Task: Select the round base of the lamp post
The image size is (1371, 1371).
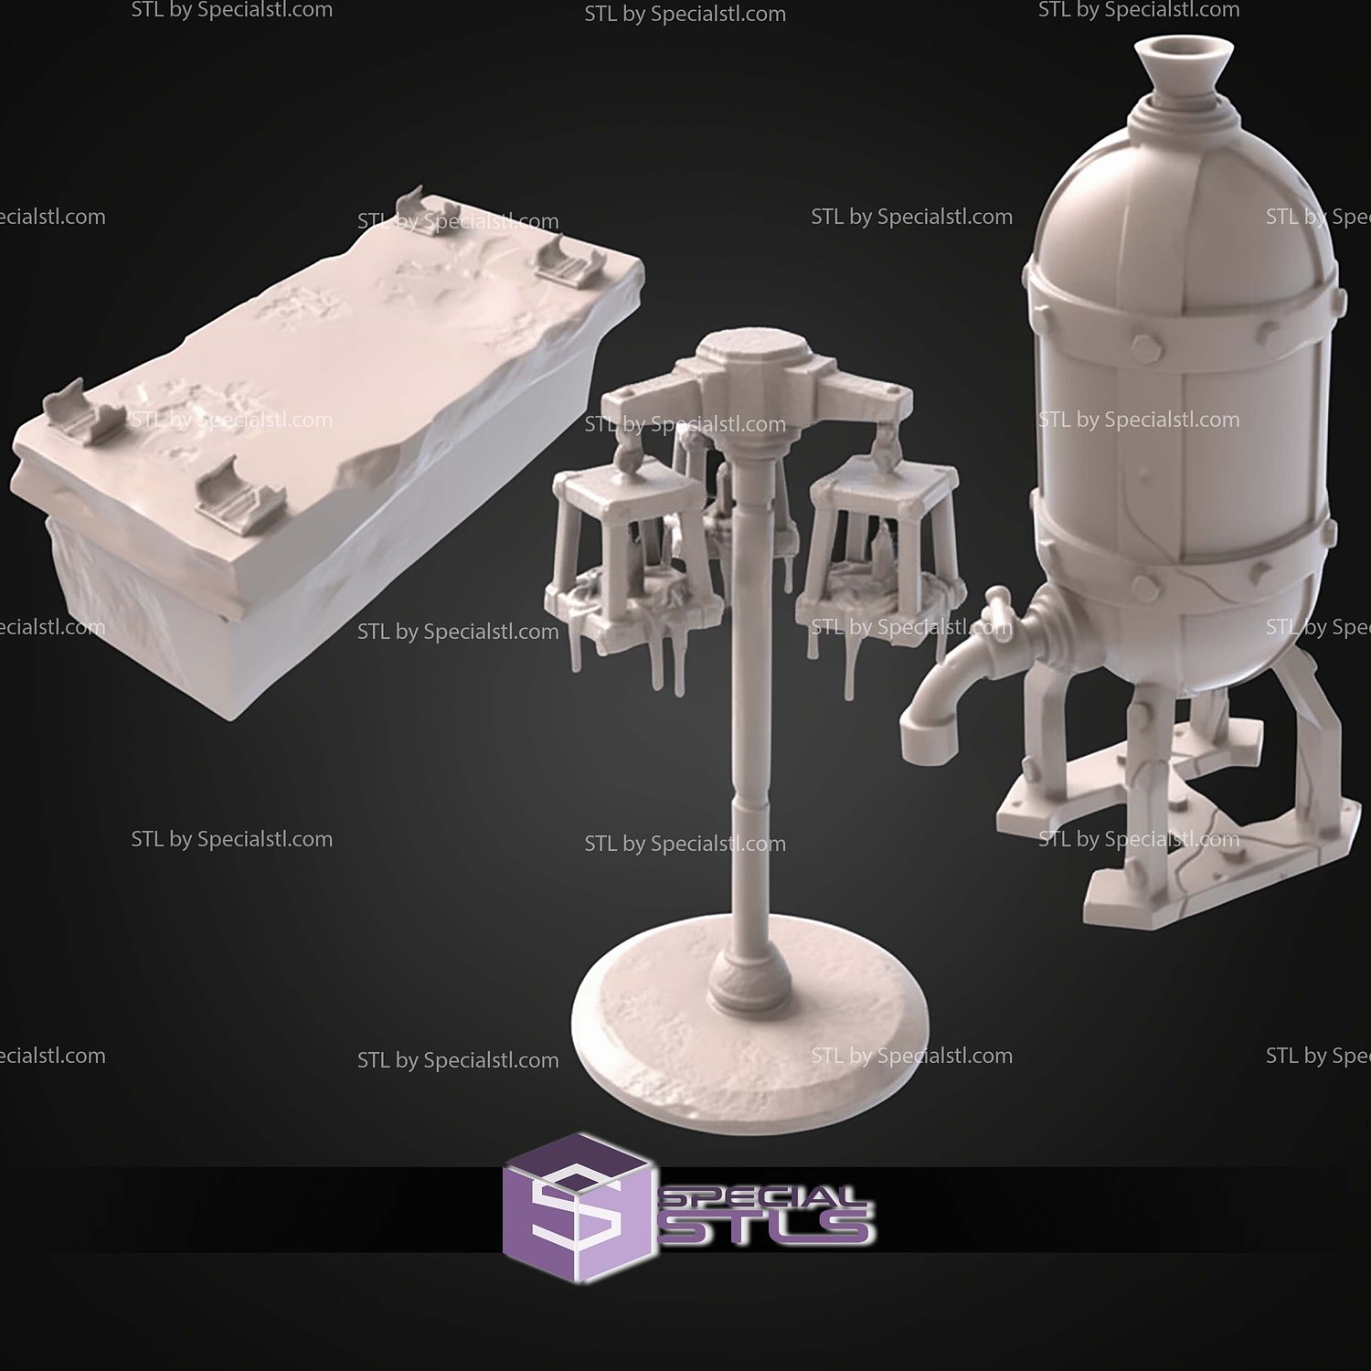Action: [x=749, y=1024]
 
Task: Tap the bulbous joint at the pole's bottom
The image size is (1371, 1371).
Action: [x=749, y=983]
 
